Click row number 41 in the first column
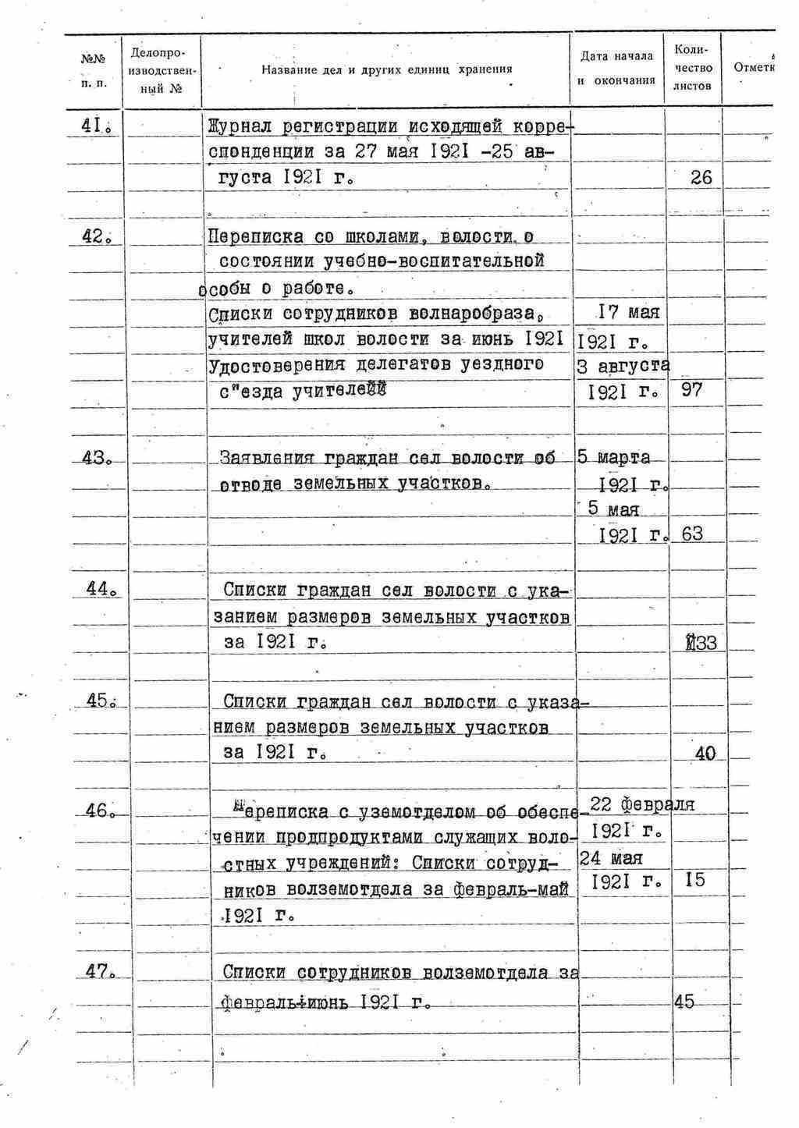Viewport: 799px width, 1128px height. pyautogui.click(x=98, y=126)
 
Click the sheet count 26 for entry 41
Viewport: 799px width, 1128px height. pyautogui.click(x=701, y=178)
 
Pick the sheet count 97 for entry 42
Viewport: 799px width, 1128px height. pyautogui.click(x=692, y=389)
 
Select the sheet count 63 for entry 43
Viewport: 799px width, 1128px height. pyautogui.click(x=692, y=534)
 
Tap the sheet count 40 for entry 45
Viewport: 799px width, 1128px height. pyautogui.click(x=704, y=754)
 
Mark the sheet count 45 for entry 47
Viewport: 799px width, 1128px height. pyautogui.click(x=684, y=1002)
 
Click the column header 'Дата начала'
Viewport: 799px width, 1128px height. pyautogui.click(x=616, y=56)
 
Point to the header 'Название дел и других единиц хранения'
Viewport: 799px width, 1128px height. pyautogui.click(x=386, y=69)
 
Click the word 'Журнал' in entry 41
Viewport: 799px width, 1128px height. pyautogui.click(x=243, y=126)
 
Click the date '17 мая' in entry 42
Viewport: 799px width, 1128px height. pyautogui.click(x=628, y=313)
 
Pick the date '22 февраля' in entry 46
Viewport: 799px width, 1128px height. pyautogui.click(x=642, y=804)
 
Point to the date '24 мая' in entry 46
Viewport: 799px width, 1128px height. pyautogui.click(x=612, y=858)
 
